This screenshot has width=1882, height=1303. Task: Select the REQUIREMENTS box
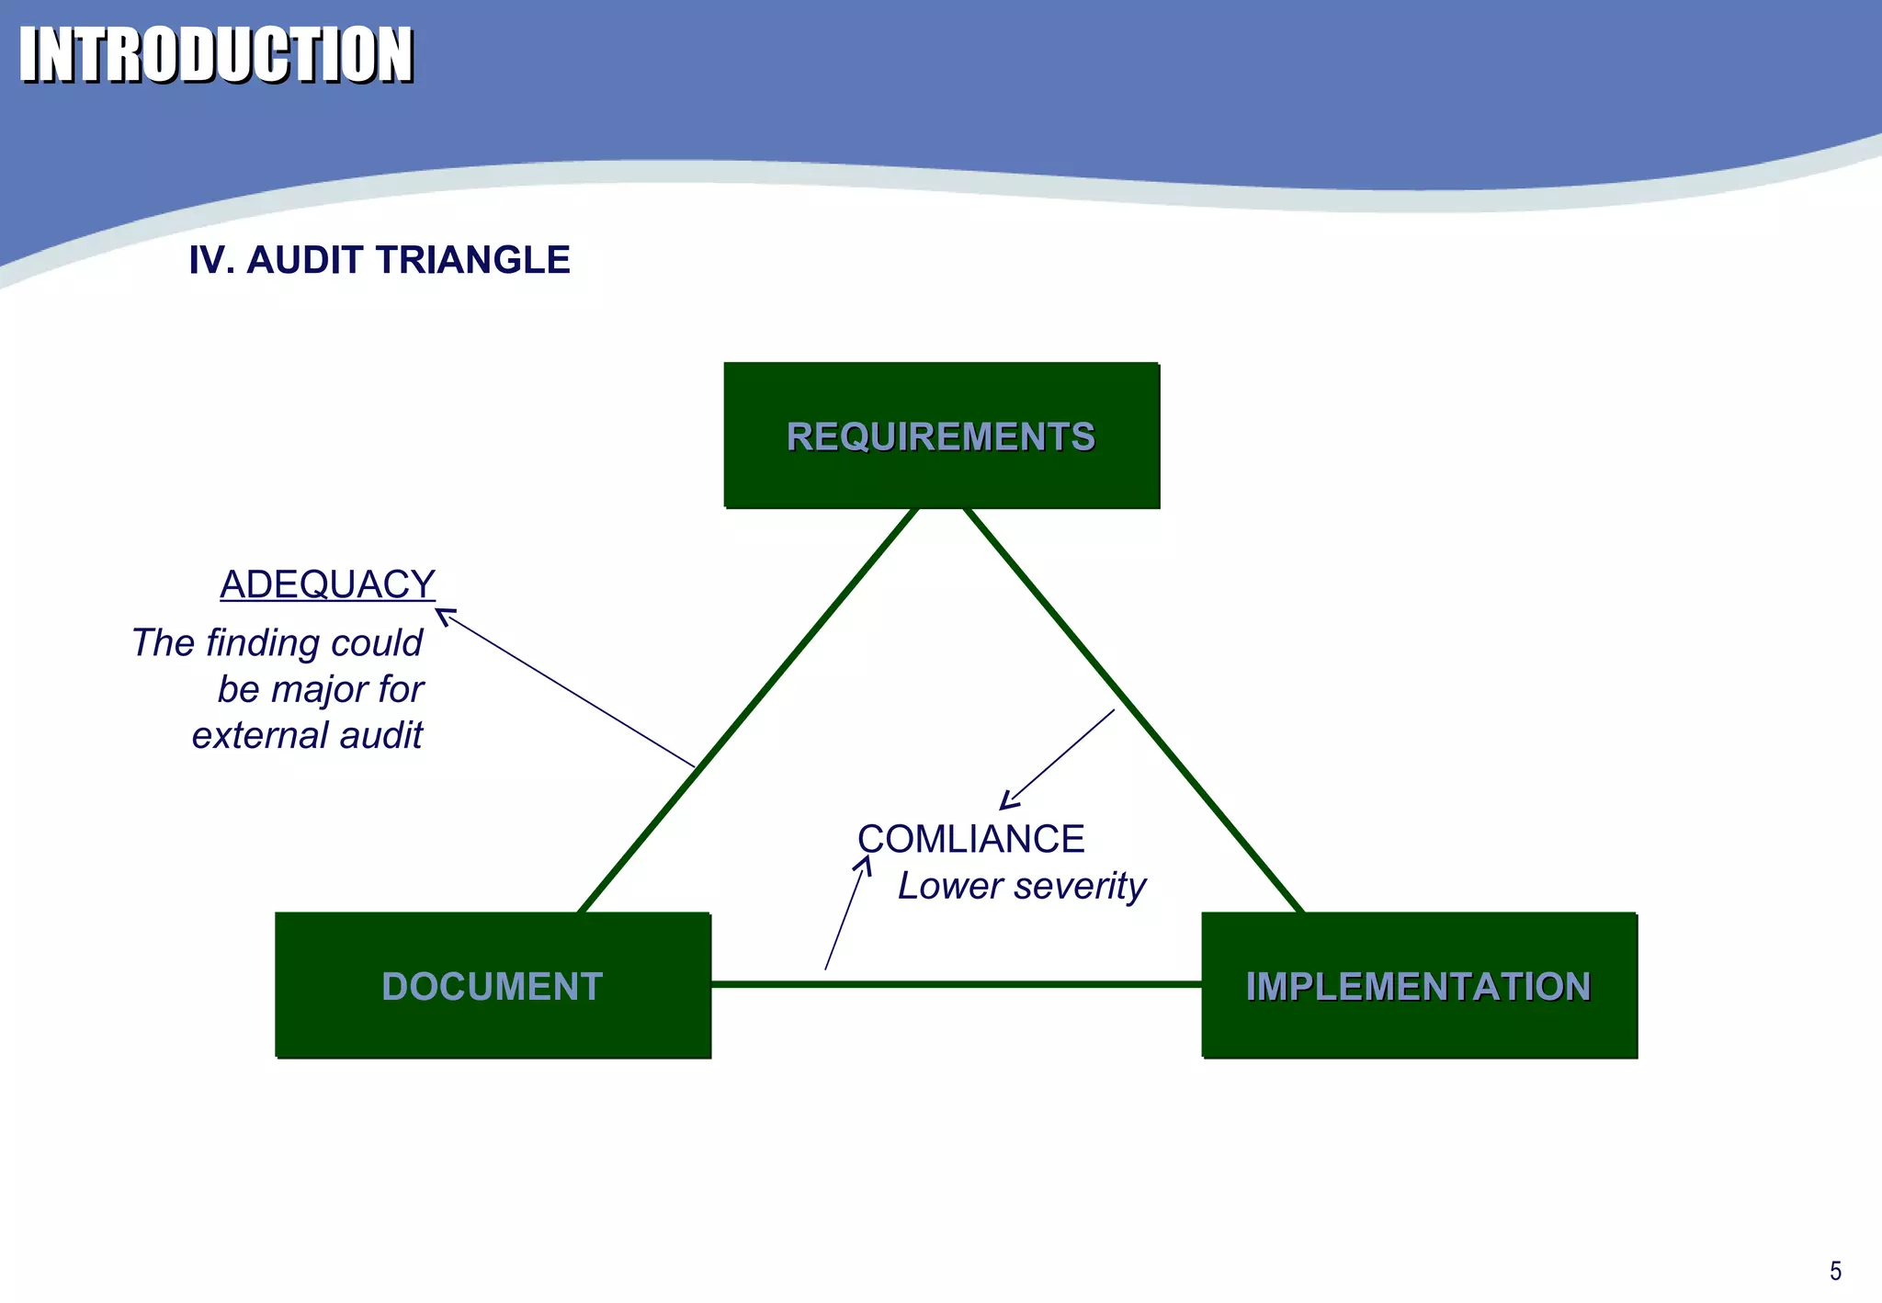click(x=941, y=436)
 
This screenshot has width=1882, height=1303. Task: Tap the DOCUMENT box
click(x=493, y=986)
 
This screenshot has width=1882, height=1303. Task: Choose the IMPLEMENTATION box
click(x=1418, y=986)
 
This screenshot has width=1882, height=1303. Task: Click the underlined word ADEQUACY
click(x=327, y=584)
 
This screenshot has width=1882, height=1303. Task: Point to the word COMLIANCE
click(x=970, y=839)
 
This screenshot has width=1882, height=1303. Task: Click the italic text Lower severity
click(x=1021, y=886)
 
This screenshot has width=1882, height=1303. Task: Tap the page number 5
click(x=1835, y=1271)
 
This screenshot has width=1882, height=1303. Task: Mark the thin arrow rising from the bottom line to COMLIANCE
click(x=845, y=914)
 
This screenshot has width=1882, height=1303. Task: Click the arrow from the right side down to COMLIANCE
click(x=1057, y=760)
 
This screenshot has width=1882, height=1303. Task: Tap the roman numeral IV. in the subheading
click(x=210, y=260)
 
